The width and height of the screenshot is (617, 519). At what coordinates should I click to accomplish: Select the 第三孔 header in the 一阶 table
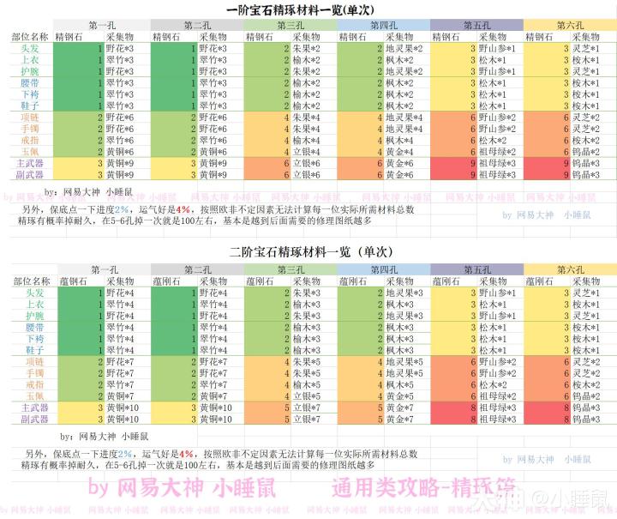pos(289,26)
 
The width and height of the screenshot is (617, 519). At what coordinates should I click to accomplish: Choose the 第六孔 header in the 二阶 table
pos(570,269)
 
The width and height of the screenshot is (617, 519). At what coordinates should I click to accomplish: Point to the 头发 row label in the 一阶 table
pos(31,49)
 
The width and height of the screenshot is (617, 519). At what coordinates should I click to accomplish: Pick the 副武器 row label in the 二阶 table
pos(31,419)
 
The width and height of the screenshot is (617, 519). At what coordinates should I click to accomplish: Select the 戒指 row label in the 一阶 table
pos(31,139)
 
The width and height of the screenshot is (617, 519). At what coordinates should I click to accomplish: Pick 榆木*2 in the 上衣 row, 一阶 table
pos(305,61)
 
